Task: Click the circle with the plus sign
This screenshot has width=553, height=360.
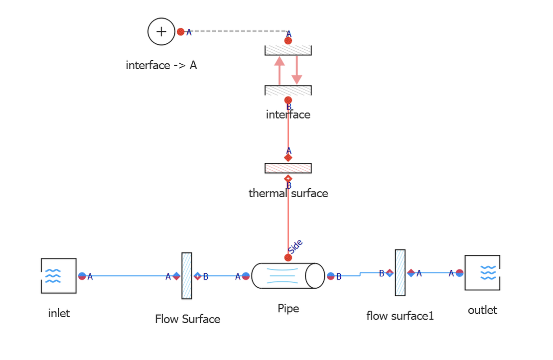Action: [161, 32]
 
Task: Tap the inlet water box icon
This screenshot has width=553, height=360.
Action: [58, 275]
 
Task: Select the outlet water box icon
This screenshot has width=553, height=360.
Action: [482, 272]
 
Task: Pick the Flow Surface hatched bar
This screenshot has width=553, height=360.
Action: [187, 276]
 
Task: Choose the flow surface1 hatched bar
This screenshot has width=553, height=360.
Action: [400, 272]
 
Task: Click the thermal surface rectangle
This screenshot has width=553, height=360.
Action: [288, 168]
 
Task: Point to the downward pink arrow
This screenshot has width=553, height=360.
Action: [297, 70]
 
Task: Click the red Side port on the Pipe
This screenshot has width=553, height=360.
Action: [288, 257]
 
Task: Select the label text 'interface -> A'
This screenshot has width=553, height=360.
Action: [161, 65]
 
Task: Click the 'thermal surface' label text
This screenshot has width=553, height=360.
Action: [288, 193]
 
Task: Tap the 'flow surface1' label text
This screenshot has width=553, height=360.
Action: [400, 316]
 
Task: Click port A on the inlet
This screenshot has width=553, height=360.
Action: [82, 276]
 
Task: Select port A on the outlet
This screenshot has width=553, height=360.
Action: [459, 273]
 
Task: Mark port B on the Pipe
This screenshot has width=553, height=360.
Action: [331, 276]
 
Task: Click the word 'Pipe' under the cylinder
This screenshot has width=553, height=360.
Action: [288, 308]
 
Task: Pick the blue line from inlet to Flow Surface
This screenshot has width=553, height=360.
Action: [130, 276]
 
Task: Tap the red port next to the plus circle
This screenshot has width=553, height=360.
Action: [181, 32]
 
